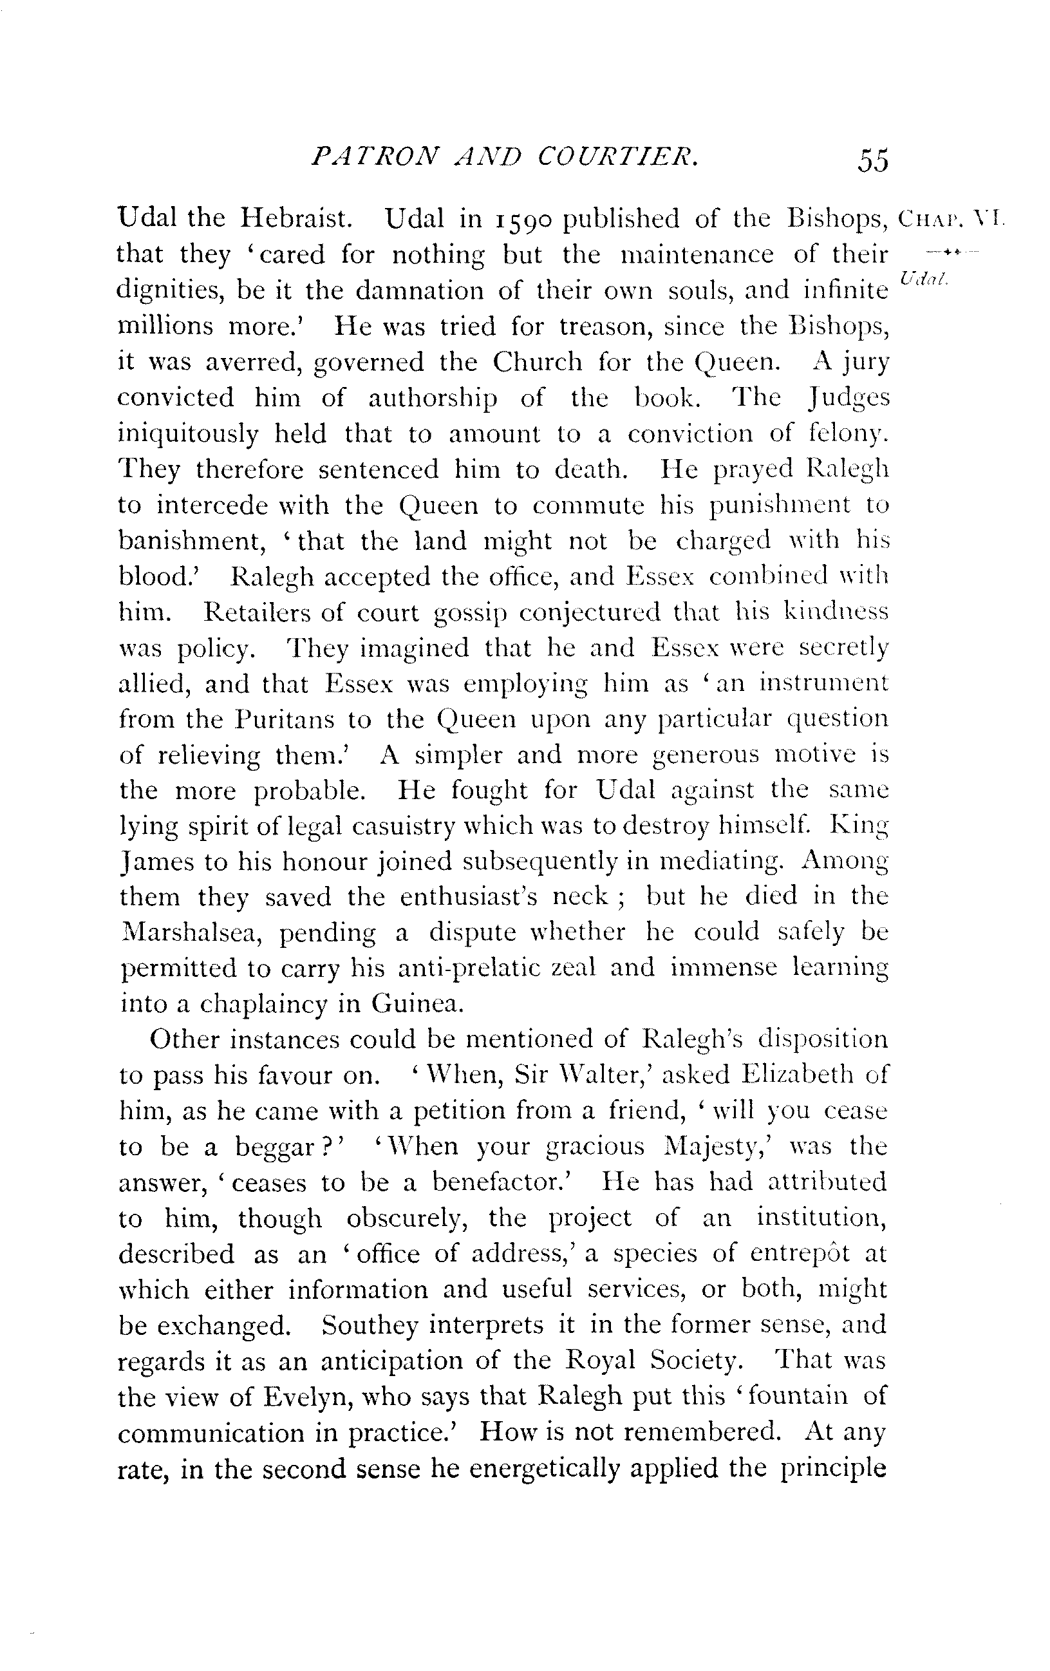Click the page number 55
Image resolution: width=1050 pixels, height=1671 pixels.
pyautogui.click(x=872, y=161)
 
